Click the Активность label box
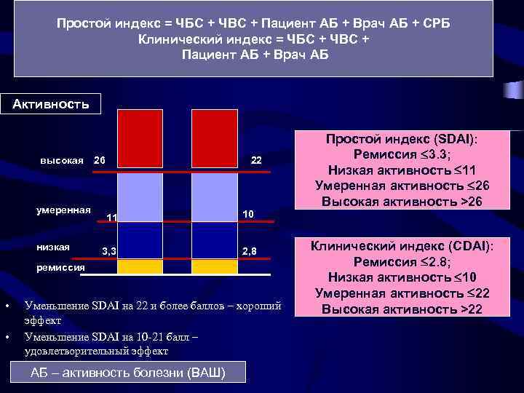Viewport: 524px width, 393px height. (51, 103)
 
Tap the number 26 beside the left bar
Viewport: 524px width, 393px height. (100, 160)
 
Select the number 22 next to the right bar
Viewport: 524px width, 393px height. (256, 160)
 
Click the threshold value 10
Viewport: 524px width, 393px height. (249, 213)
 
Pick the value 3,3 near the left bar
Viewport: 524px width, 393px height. (109, 251)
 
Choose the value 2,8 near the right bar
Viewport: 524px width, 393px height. (250, 251)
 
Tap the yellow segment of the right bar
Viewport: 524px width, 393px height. (215, 266)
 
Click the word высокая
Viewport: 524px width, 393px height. (62, 160)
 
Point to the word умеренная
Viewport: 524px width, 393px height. (63, 210)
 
